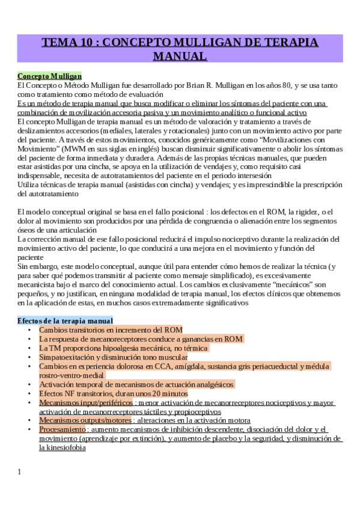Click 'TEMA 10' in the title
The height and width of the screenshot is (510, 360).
point(67,43)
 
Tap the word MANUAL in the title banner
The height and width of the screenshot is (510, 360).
point(180,57)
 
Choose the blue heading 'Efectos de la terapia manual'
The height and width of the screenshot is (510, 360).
point(65,321)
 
